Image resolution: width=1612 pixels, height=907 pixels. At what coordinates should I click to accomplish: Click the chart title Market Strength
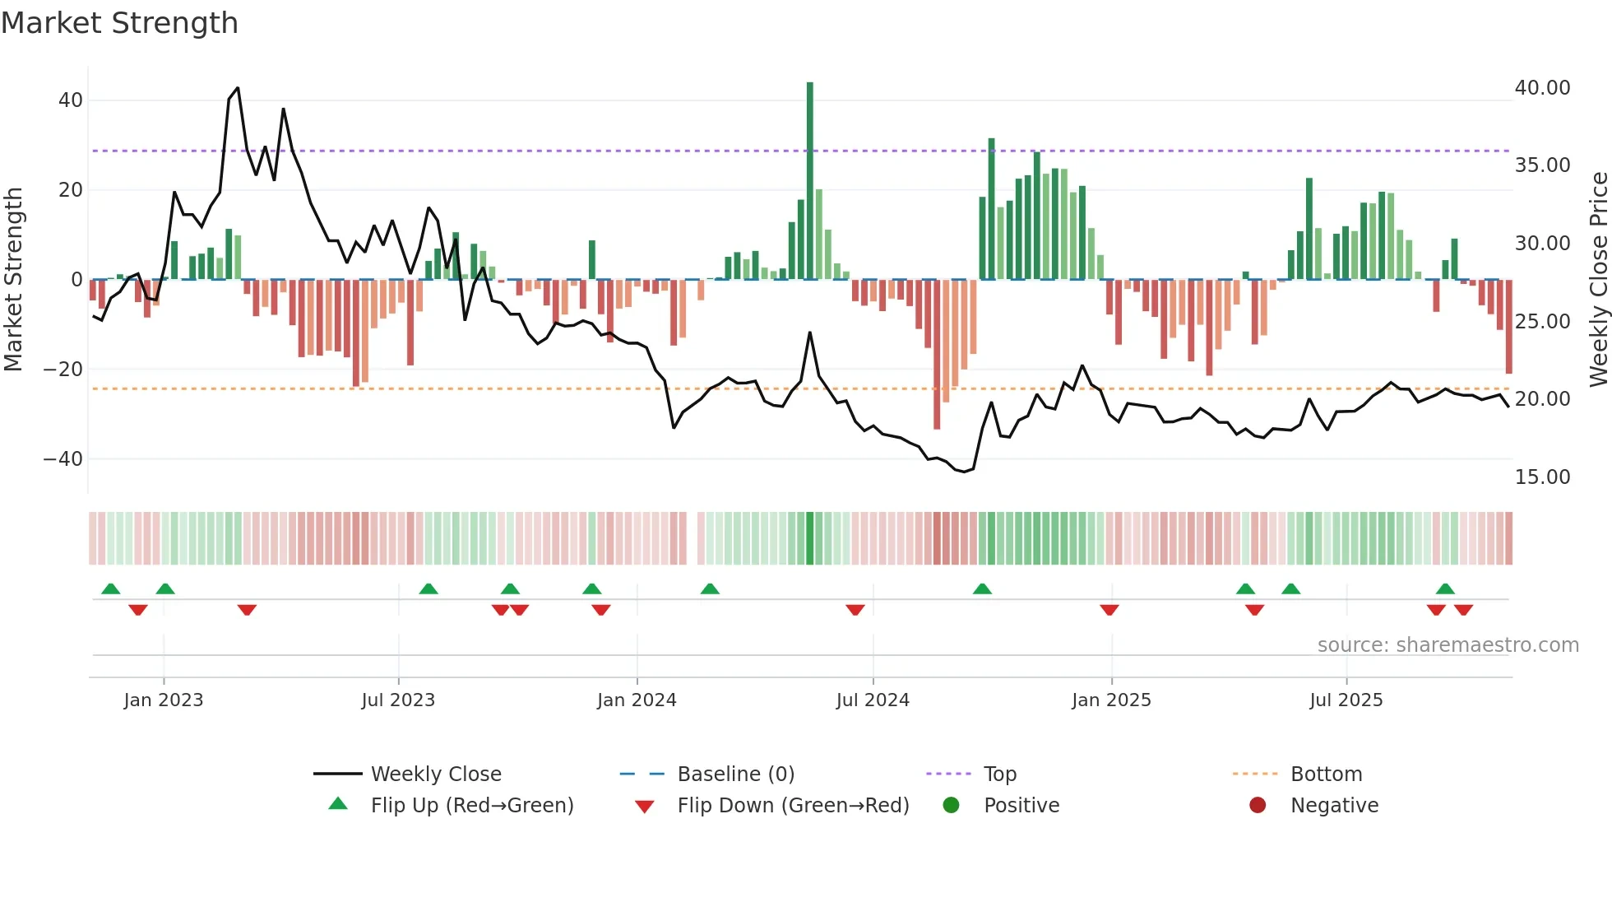tap(119, 23)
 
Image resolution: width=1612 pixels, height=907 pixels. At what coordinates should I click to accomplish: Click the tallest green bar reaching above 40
tap(810, 181)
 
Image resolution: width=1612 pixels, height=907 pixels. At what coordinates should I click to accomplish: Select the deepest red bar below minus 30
tap(937, 354)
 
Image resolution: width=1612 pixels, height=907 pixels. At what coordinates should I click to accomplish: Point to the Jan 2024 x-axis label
tap(637, 700)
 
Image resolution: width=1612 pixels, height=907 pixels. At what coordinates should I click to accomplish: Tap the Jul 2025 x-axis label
tap(1346, 700)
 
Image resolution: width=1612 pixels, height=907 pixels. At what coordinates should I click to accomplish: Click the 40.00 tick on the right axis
tap(1542, 88)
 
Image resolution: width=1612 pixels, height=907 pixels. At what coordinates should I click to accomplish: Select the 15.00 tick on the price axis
tap(1542, 477)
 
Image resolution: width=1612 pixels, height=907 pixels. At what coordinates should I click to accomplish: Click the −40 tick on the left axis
tap(63, 459)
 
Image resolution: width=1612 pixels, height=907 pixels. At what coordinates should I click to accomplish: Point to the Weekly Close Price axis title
tap(1598, 280)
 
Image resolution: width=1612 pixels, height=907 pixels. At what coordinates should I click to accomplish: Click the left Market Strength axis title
tap(13, 280)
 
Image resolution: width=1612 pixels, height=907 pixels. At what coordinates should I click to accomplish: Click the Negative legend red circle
tap(1258, 806)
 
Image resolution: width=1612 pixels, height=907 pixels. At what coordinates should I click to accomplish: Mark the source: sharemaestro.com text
tap(1448, 645)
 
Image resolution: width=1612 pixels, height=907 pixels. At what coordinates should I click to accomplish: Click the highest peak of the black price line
tap(238, 88)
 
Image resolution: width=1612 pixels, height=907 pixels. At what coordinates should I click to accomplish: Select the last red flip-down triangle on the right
tap(1463, 610)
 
